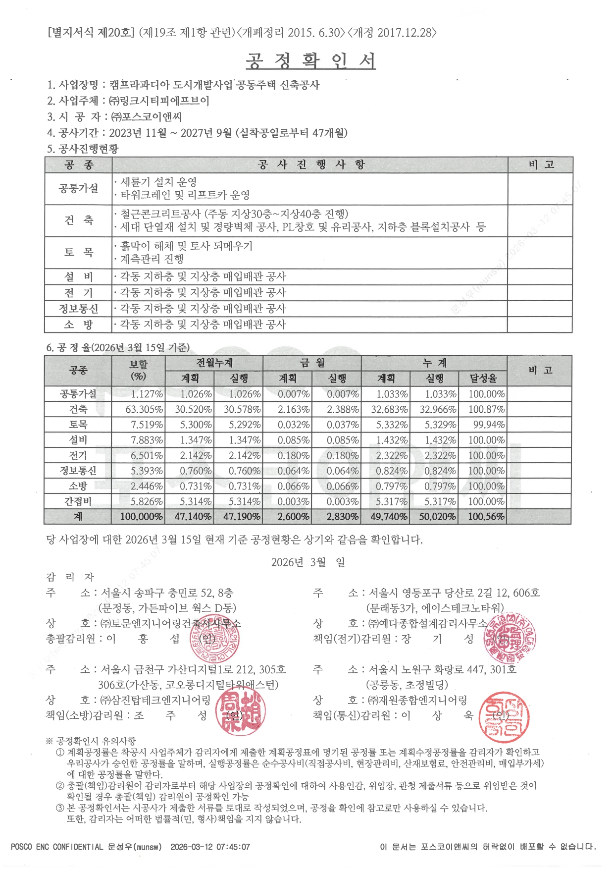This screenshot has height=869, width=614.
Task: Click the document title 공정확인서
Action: (x=310, y=61)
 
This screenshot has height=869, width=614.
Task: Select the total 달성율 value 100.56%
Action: (x=486, y=516)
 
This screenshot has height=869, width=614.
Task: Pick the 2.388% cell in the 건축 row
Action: (x=343, y=409)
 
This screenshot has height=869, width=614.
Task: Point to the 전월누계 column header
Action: (x=214, y=363)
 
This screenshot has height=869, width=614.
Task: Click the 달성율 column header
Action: (x=483, y=379)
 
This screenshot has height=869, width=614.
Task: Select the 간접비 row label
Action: (x=78, y=501)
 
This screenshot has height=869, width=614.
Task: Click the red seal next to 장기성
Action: (x=509, y=639)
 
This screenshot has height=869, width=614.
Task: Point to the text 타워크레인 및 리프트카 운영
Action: (x=185, y=195)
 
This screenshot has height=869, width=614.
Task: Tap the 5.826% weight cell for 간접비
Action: (x=147, y=501)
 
